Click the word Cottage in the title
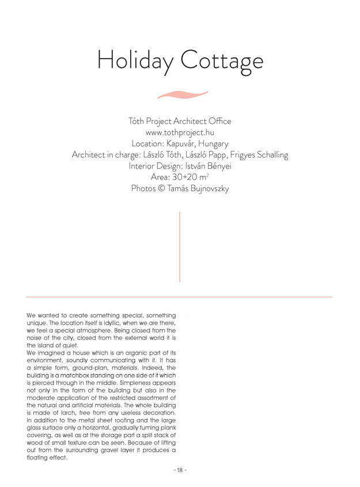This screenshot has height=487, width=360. click(222, 60)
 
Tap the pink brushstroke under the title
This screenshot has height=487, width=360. click(182, 94)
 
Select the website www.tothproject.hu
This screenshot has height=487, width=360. click(180, 132)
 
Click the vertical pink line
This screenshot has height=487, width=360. click(180, 247)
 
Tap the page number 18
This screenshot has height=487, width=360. click(180, 470)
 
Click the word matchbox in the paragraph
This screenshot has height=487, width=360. click(81, 375)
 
